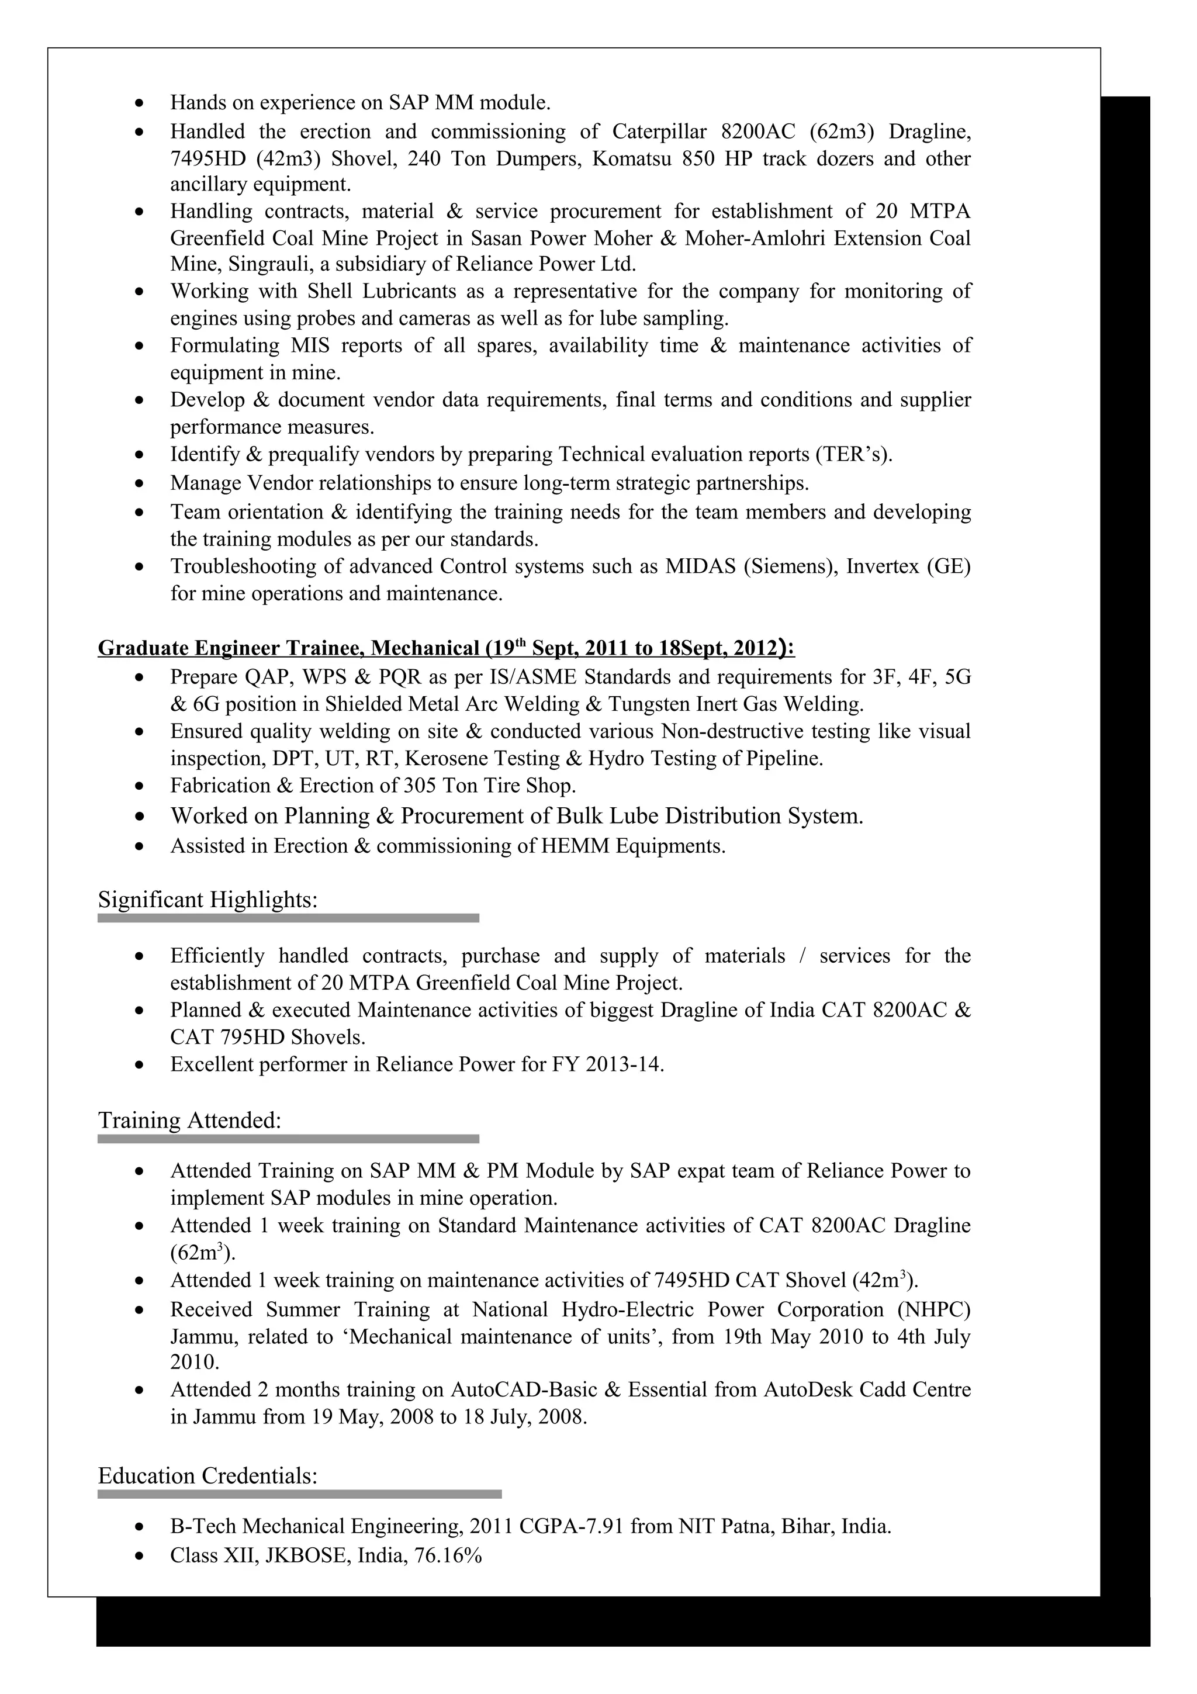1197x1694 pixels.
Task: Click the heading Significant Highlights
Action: [207, 900]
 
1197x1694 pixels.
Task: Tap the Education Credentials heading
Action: [207, 1477]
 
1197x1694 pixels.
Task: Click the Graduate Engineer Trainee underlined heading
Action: [445, 648]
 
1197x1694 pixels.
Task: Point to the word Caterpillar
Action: [659, 132]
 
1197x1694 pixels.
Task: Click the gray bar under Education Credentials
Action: [299, 1495]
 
